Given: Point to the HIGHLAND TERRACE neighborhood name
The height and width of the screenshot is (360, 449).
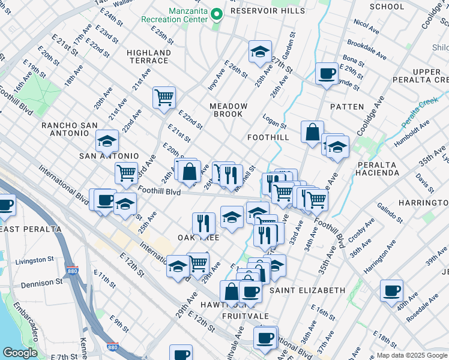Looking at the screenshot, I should tap(148, 56).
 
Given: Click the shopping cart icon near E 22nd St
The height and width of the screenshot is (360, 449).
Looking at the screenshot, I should tap(164, 97).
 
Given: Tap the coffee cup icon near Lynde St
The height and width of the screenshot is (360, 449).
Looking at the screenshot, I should tap(327, 73).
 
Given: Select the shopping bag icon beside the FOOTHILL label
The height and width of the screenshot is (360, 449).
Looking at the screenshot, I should tap(312, 132).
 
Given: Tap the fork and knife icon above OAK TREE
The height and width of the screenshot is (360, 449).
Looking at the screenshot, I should tap(203, 223).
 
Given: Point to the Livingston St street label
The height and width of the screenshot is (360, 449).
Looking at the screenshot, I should tap(34, 260).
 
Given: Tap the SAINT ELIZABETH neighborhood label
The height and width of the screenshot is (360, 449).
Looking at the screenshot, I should tap(307, 290).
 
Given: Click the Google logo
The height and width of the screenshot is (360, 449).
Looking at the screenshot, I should tap(20, 353).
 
